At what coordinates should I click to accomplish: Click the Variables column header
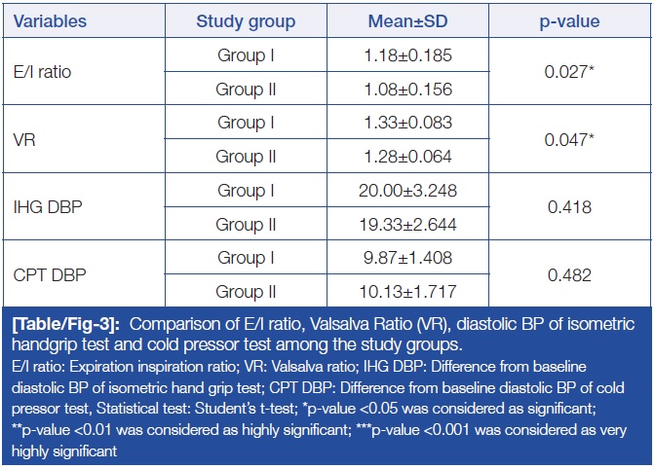coord(49,21)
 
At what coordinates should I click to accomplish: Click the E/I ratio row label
coord(41,70)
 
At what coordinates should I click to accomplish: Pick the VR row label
coord(24,139)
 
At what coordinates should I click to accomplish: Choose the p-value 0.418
coord(568,207)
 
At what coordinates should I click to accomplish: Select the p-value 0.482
coord(568,275)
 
